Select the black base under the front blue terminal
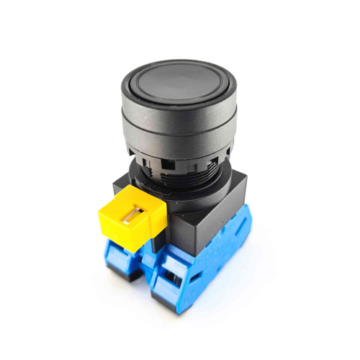tap(169, 302)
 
